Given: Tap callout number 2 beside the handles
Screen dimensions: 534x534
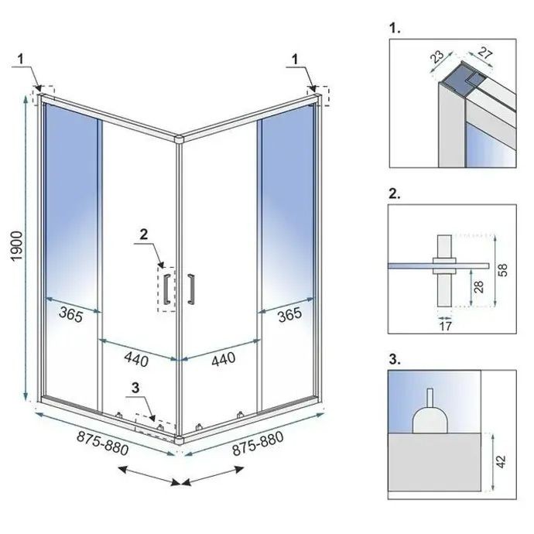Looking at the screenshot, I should click(x=144, y=233).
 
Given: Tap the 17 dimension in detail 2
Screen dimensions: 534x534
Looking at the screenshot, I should click(x=444, y=326).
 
